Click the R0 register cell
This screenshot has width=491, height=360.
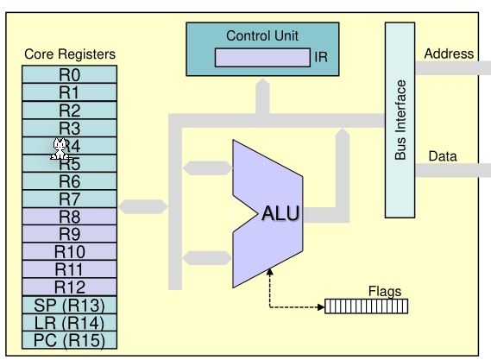[x=69, y=74]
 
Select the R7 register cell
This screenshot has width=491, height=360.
[x=69, y=199]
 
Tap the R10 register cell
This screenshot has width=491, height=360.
[x=69, y=251]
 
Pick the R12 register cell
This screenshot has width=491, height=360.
[x=69, y=287]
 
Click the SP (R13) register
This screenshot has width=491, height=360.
[x=69, y=305]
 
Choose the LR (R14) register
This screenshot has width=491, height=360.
[x=69, y=323]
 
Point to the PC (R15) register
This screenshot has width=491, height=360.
[x=69, y=340]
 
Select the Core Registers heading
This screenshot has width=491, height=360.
[x=69, y=54]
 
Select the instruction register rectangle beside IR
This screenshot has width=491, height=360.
[x=263, y=59]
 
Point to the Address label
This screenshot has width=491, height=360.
[x=449, y=54]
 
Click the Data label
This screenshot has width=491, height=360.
[x=443, y=156]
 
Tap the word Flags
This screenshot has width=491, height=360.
[x=384, y=291]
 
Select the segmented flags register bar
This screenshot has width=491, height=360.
[x=366, y=306]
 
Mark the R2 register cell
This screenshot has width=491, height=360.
[x=69, y=110]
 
